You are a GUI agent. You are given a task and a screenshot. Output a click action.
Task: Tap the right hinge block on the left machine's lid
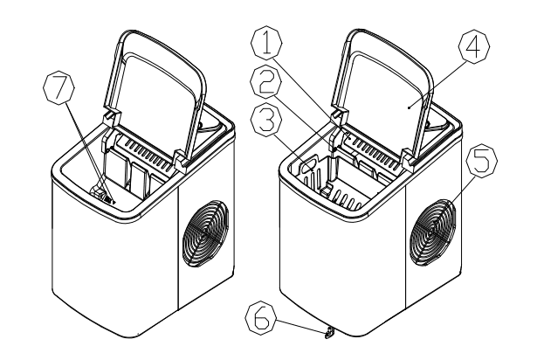coord(180,158)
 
